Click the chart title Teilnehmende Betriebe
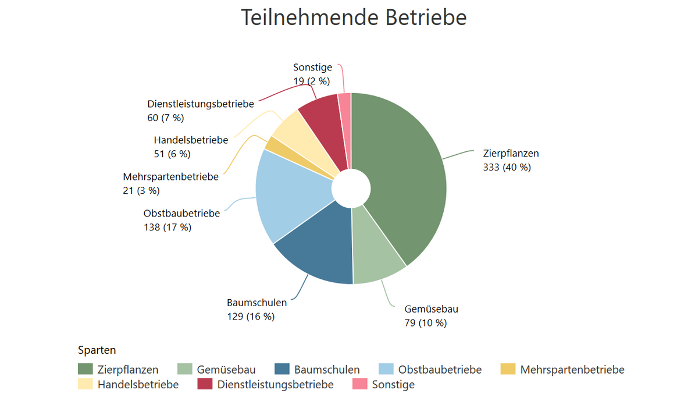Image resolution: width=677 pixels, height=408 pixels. (x=354, y=17)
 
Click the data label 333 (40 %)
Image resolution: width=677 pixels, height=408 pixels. (x=507, y=168)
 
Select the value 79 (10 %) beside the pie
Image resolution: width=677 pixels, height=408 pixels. (x=425, y=323)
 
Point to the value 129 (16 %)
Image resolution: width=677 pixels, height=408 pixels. (x=251, y=317)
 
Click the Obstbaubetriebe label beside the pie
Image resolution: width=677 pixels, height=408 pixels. (x=181, y=214)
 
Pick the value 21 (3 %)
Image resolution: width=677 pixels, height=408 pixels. (x=141, y=190)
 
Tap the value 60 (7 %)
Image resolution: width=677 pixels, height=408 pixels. (x=166, y=118)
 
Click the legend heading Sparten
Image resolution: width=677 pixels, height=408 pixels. (x=97, y=350)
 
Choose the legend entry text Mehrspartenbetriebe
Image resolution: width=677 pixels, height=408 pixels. (x=572, y=370)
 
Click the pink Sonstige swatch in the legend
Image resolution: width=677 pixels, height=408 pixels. (x=360, y=384)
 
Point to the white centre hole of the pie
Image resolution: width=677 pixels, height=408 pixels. (x=351, y=189)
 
